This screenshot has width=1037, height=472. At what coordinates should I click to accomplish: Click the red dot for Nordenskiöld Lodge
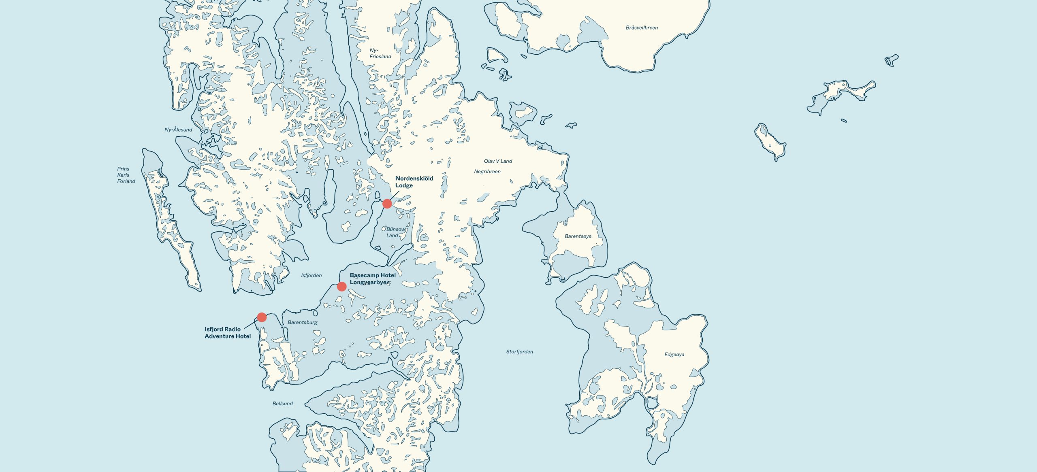pyautogui.click(x=387, y=204)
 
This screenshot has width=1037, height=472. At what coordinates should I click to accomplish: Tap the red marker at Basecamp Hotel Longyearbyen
pyautogui.click(x=341, y=287)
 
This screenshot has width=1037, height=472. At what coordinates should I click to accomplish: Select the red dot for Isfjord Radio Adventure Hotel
pyautogui.click(x=262, y=317)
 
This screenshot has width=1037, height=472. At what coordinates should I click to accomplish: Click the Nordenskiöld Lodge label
pyautogui.click(x=414, y=182)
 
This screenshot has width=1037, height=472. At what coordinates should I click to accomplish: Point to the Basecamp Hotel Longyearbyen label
pyautogui.click(x=372, y=279)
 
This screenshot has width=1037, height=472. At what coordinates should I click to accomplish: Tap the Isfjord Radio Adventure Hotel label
pyautogui.click(x=227, y=333)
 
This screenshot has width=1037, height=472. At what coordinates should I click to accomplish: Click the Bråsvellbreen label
pyautogui.click(x=642, y=28)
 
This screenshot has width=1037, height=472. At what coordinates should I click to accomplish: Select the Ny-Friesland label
pyautogui.click(x=380, y=53)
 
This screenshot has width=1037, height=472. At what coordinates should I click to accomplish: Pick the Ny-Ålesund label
pyautogui.click(x=178, y=130)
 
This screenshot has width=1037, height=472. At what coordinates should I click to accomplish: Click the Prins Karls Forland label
pyautogui.click(x=126, y=175)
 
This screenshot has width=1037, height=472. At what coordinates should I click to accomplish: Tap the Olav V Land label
pyautogui.click(x=498, y=161)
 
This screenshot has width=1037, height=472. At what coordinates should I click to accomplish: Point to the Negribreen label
pyautogui.click(x=487, y=172)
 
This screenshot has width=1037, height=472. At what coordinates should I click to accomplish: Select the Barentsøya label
pyautogui.click(x=578, y=236)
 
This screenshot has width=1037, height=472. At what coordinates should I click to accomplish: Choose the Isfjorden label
pyautogui.click(x=311, y=275)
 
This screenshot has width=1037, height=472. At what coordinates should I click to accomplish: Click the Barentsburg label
pyautogui.click(x=302, y=322)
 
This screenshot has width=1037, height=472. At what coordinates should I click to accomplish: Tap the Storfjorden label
pyautogui.click(x=519, y=352)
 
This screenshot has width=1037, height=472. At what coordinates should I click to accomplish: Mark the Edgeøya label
pyautogui.click(x=674, y=355)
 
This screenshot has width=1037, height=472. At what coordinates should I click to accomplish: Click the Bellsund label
pyautogui.click(x=282, y=404)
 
